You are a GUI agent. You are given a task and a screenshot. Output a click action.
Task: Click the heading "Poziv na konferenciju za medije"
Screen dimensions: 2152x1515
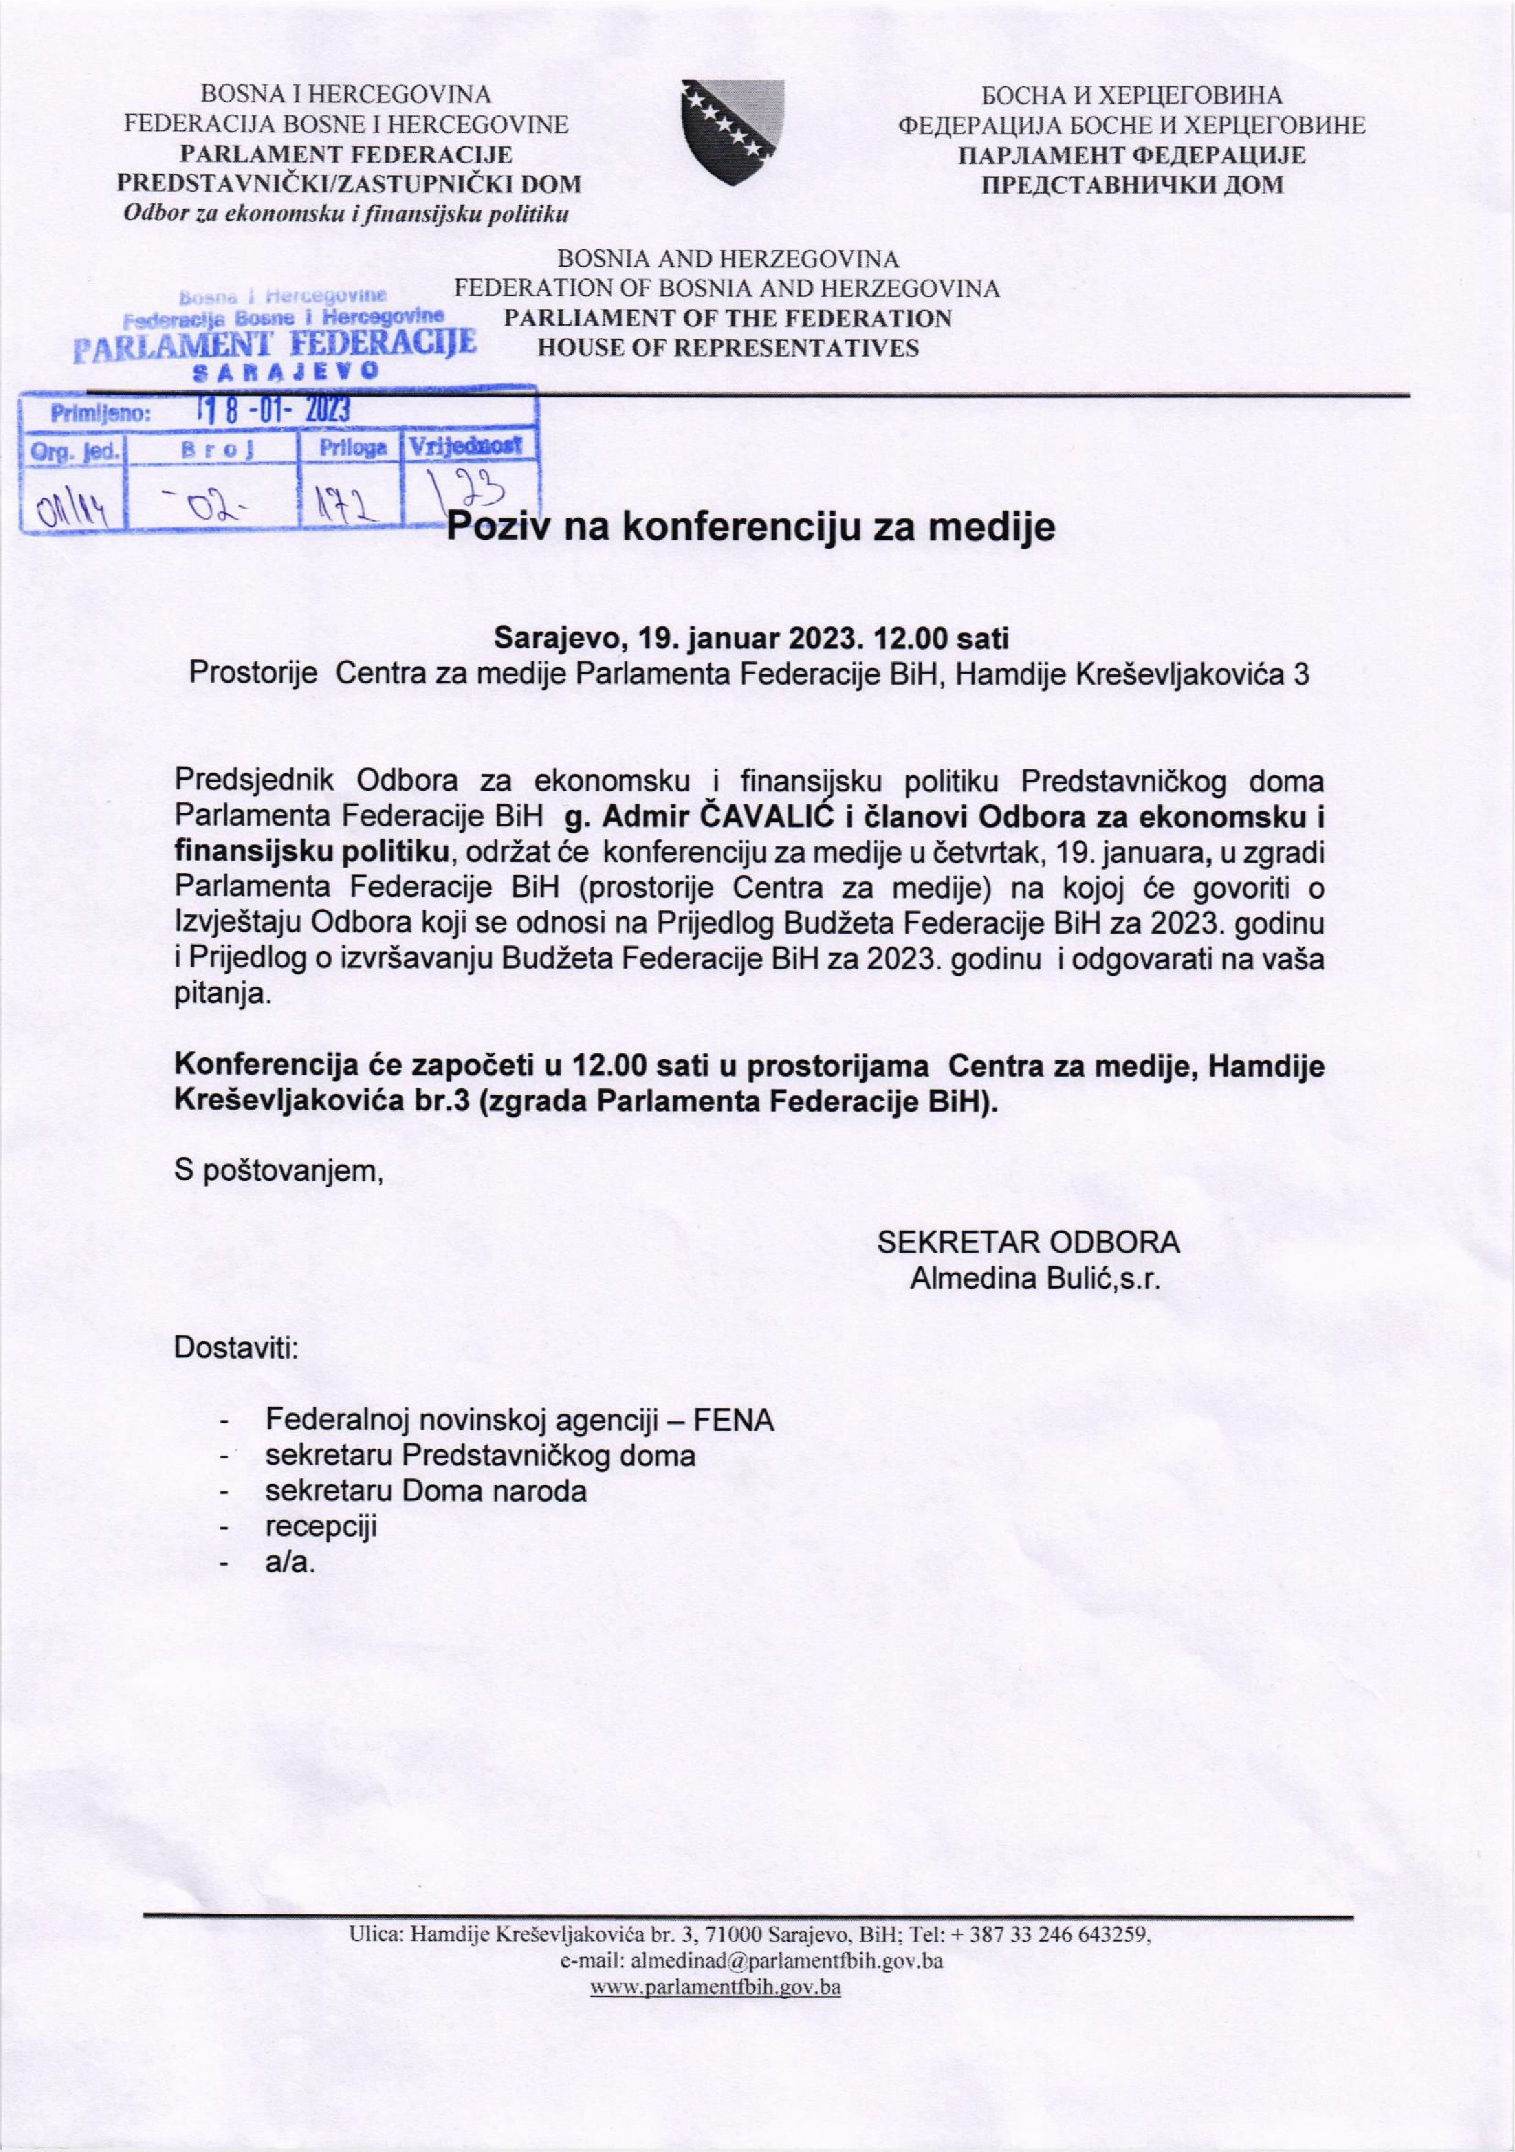coord(750,528)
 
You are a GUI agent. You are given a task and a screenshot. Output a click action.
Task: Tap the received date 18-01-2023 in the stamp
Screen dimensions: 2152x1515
coord(271,412)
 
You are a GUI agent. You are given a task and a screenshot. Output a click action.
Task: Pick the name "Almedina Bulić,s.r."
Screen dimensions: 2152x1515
coord(1036,1279)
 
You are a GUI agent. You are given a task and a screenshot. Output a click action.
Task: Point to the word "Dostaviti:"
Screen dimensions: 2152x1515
coord(236,1350)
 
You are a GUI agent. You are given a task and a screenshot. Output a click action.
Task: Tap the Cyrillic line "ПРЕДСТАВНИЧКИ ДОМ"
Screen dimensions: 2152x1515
coord(1131,184)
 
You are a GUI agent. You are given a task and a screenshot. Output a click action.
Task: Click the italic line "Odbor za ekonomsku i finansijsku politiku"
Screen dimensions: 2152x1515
coord(347,214)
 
